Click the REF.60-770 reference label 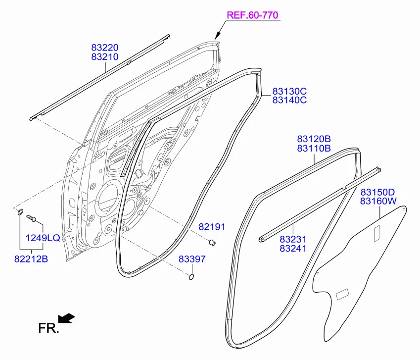(253, 15)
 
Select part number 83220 (105, 48)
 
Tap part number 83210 (105, 57)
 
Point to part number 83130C (289, 91)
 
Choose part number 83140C (289, 100)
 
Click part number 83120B (314, 139)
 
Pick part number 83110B (314, 148)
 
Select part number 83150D (377, 192)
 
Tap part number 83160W (378, 201)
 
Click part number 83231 (293, 239)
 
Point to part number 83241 (293, 248)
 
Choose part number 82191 (212, 227)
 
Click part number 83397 (192, 259)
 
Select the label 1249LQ (43, 238)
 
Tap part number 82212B (31, 259)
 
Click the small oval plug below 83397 (191, 277)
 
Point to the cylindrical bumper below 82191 (212, 243)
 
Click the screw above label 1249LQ (31, 218)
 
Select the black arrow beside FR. (66, 318)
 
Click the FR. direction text (48, 328)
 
